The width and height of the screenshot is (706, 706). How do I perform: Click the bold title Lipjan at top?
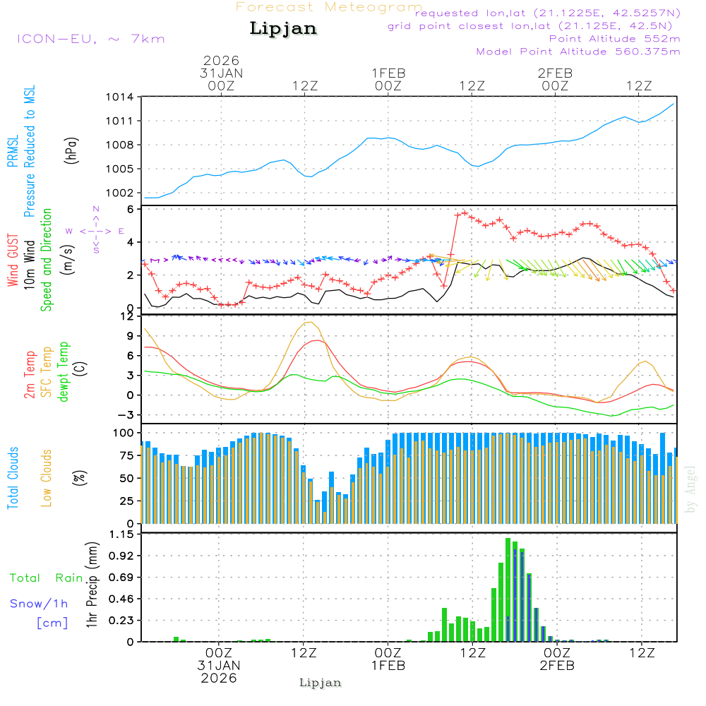(x=283, y=28)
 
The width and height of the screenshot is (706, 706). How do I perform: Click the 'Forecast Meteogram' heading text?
(x=329, y=7)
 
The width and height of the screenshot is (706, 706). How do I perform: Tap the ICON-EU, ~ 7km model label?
(x=90, y=38)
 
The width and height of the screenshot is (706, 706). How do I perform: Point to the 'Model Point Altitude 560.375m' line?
(x=578, y=51)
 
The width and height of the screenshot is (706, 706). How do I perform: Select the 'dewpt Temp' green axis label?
(x=64, y=372)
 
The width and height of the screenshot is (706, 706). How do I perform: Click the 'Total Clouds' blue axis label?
(x=13, y=478)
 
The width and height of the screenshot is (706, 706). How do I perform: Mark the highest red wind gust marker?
(x=465, y=212)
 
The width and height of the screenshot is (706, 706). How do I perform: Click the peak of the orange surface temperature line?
(x=309, y=322)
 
